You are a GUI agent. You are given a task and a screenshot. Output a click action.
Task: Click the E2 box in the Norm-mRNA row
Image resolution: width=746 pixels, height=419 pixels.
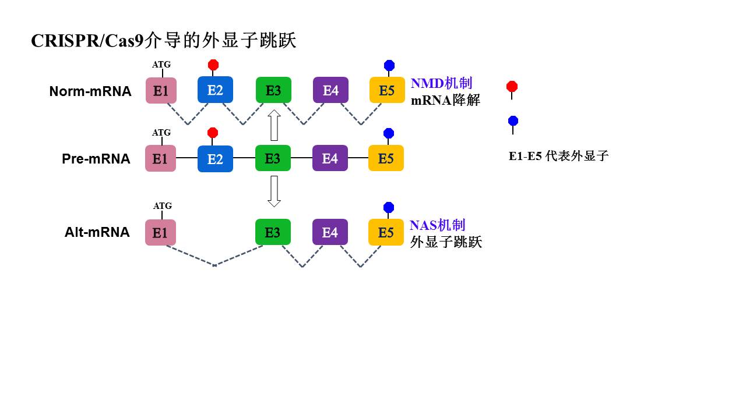(x=215, y=90)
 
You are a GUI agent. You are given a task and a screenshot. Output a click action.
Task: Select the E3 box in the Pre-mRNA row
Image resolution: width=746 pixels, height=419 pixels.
(x=273, y=158)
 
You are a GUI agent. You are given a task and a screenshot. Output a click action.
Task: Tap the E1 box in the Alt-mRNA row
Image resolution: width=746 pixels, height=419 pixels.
(x=160, y=232)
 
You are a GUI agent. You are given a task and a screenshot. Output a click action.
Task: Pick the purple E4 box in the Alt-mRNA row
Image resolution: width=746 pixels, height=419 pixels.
(x=330, y=232)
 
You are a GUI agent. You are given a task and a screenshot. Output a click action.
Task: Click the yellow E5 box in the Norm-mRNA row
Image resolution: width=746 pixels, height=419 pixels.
(x=387, y=90)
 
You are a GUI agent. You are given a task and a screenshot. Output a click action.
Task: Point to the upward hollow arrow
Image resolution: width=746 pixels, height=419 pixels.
(x=274, y=125)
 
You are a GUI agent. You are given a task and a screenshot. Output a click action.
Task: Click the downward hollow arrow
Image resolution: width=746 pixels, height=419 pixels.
(x=274, y=191)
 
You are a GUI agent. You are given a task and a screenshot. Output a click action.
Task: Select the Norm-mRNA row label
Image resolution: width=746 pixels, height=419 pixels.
(x=90, y=91)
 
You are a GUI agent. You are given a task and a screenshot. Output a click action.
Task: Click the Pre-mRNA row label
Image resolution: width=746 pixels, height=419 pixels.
(x=96, y=159)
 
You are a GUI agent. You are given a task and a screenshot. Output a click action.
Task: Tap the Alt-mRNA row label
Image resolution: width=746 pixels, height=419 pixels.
(x=97, y=232)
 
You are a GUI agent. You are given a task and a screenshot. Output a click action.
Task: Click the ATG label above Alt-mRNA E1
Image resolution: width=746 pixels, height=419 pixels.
(x=163, y=206)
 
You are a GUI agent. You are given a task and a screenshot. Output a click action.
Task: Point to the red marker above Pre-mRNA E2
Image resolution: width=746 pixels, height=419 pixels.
(x=213, y=133)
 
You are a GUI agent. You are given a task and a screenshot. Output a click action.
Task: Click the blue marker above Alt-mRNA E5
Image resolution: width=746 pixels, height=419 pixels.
(x=389, y=208)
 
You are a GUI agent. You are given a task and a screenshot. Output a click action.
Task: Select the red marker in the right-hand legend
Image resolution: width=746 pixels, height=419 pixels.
(x=512, y=87)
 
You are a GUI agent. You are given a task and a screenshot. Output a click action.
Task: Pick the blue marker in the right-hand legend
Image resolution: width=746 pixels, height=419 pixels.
(x=513, y=121)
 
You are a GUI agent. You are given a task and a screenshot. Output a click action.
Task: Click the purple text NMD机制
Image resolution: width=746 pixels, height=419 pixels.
(x=441, y=83)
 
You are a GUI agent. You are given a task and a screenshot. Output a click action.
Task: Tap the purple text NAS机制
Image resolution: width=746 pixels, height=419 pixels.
(x=437, y=225)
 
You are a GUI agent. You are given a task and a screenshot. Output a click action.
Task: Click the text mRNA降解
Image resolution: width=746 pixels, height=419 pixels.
(x=445, y=100)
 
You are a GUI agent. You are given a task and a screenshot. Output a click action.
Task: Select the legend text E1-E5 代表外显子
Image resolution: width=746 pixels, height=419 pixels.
(x=558, y=156)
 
